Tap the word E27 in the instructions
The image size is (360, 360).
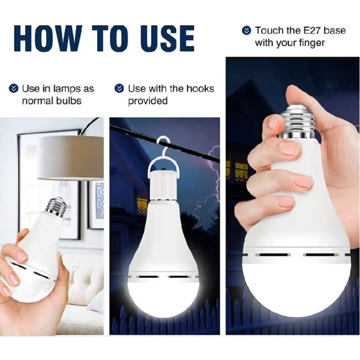[x=312, y=30]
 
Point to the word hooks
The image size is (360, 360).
[x=200, y=88]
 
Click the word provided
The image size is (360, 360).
[x=148, y=101]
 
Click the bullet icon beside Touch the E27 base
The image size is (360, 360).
[x=247, y=31]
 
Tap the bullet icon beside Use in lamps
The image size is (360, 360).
[x=13, y=89]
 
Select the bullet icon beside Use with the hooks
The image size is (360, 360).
[x=119, y=89]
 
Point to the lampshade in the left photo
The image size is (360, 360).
[x=71, y=158]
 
